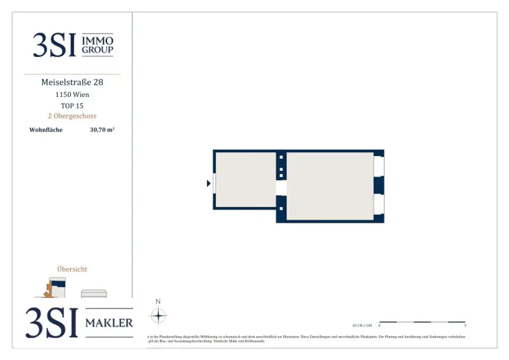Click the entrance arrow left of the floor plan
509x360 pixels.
coord(209,183)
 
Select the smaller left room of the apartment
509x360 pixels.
coord(245,180)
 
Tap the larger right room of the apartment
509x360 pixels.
coord(330,186)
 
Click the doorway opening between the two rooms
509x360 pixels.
coord(281,187)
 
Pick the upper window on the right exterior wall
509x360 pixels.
coord(379,166)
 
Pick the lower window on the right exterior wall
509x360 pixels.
coord(379,203)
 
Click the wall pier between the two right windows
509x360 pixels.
coord(379,185)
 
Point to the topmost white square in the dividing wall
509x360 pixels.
coord(281,158)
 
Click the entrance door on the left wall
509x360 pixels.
coord(214,183)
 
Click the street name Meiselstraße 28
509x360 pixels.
coord(72,82)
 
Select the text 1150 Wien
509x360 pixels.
coord(72,94)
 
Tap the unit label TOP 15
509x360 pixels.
coord(72,105)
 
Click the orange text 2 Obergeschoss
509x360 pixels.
coord(72,116)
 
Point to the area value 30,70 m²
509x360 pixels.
coord(102,130)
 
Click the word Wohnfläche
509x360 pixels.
coord(46,130)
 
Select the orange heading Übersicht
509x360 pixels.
coord(72,269)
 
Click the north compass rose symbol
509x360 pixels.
coord(158,315)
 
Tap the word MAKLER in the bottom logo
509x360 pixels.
coord(109,323)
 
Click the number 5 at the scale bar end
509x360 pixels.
coord(465,326)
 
